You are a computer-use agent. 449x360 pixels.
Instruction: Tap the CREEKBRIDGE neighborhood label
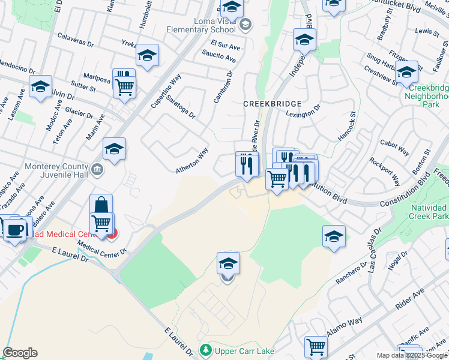click(267, 104)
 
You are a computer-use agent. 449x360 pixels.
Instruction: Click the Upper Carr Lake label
click(239, 349)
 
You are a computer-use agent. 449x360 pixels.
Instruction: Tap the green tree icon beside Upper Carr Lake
click(206, 349)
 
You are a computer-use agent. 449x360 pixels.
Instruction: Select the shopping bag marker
click(101, 205)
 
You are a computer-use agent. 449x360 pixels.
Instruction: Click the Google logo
click(20, 353)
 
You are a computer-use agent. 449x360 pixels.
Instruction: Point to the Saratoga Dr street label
click(181, 106)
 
